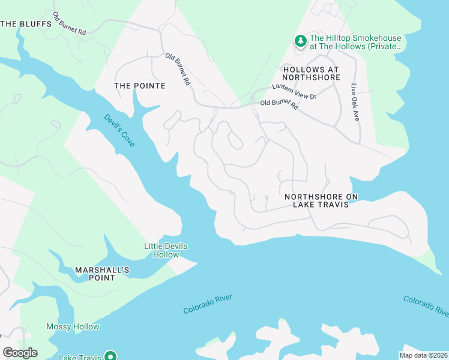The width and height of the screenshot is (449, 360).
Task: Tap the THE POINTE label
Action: point(139,86)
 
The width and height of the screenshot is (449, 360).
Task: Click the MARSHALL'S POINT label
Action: point(102,274)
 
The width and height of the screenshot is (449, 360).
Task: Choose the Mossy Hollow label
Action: point(73,327)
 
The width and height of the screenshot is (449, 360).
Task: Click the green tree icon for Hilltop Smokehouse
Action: point(299,41)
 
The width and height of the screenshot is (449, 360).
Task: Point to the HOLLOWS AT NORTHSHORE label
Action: point(311,74)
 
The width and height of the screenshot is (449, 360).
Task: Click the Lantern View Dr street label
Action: point(294,92)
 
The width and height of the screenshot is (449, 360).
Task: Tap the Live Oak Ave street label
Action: point(355,103)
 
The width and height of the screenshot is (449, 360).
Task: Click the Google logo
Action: point(20,353)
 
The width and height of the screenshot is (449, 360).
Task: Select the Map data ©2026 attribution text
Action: point(423,355)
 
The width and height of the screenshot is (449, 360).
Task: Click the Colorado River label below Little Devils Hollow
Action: point(208,304)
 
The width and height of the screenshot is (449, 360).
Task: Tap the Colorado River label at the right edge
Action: point(426,305)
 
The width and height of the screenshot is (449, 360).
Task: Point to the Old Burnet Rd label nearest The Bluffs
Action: point(70,24)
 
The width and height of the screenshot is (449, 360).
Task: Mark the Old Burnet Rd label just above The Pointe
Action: point(178,70)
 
